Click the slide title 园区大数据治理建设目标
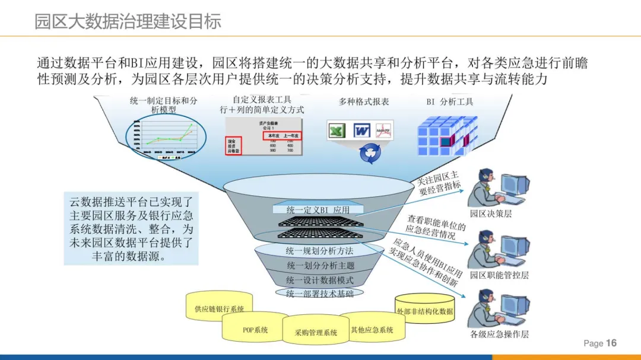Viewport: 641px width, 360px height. point(128,22)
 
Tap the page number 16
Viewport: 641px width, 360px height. point(611,343)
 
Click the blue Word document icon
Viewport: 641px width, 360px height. point(362,130)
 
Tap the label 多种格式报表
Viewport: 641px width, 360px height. point(364,102)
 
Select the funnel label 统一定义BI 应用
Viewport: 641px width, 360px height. point(318,209)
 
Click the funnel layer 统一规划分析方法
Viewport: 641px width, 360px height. point(319,251)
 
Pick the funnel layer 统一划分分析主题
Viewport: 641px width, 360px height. point(319,265)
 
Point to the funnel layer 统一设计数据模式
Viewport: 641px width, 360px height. point(319,280)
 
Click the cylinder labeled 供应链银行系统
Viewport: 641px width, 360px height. point(219,309)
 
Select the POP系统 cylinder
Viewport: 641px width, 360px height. point(255,330)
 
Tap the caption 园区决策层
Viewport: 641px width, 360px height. point(490,214)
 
